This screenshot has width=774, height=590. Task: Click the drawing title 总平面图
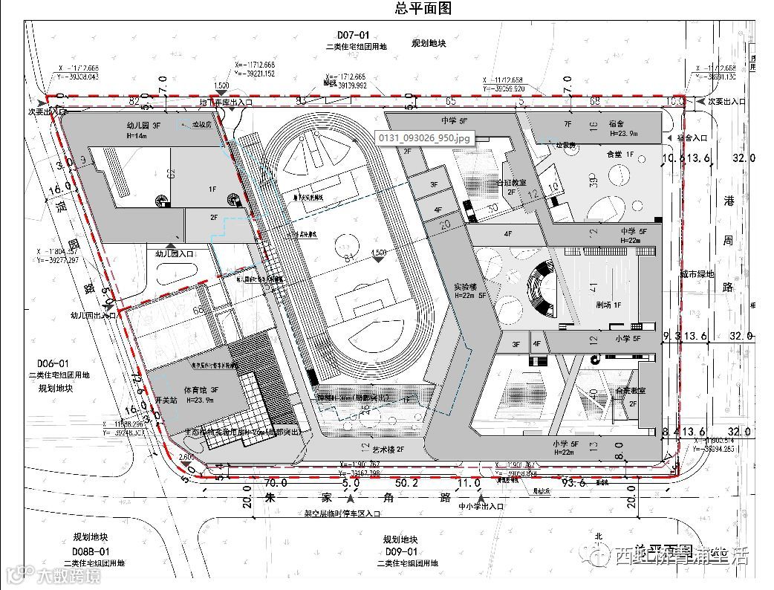424,9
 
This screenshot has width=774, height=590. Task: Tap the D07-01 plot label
352,35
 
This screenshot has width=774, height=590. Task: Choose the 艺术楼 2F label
388,449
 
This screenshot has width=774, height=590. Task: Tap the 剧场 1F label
608,305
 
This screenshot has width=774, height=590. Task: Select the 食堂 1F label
619,154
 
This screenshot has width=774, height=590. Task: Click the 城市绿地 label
696,274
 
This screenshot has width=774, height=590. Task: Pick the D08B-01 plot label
91,551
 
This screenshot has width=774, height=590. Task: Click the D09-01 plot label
401,551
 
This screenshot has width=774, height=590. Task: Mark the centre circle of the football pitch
345,243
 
